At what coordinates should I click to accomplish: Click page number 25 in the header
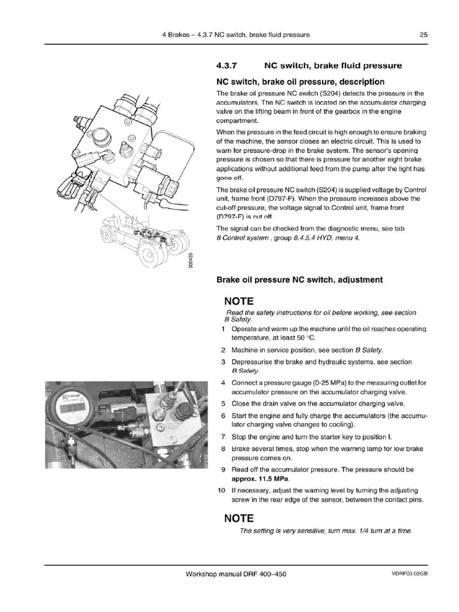423,35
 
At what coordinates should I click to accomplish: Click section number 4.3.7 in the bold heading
228,66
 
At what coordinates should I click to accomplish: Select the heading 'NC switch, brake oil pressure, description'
300,81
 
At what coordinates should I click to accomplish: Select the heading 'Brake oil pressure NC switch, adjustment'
299,279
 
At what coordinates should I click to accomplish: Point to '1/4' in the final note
354,531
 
